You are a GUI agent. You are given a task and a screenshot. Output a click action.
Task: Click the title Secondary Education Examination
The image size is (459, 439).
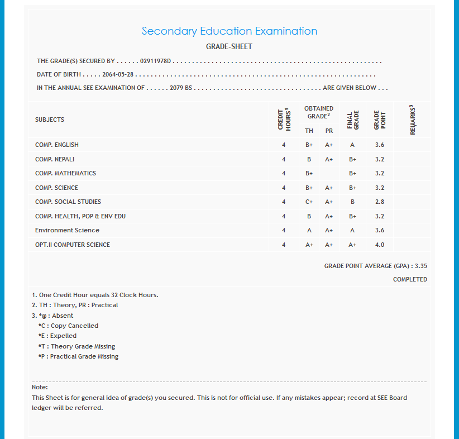[229, 31]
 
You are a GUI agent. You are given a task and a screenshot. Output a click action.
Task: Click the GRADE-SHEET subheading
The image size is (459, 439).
[229, 46]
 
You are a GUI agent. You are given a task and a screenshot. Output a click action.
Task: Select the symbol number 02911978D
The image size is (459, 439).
[156, 61]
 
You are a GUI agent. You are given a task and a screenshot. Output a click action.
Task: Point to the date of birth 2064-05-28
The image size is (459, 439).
[118, 74]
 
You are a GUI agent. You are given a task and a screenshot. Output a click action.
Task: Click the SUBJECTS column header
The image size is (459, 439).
[50, 120]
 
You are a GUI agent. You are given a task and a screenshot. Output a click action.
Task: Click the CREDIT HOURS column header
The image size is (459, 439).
[284, 119]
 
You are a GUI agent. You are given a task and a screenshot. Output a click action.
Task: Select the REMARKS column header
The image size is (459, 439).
[412, 120]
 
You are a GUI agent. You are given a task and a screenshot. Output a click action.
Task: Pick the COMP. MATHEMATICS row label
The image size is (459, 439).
[65, 173]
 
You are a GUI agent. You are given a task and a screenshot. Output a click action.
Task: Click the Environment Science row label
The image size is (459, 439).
[67, 230]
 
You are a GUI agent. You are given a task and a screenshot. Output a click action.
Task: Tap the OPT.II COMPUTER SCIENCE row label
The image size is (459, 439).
[73, 245]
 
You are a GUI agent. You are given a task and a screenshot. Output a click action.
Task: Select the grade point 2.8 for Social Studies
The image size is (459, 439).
[380, 202]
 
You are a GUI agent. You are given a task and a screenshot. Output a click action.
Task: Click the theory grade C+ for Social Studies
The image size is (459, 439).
[309, 202]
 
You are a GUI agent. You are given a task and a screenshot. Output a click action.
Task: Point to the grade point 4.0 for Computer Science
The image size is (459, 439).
[380, 245]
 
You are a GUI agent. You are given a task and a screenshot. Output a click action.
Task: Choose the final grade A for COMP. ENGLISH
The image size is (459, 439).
[352, 145]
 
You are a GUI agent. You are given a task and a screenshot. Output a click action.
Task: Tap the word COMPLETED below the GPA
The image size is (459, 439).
[410, 279]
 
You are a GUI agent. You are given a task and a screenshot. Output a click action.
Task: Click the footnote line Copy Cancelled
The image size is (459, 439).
[68, 326]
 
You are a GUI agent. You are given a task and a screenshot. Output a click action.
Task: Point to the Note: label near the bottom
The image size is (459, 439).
[40, 387]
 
